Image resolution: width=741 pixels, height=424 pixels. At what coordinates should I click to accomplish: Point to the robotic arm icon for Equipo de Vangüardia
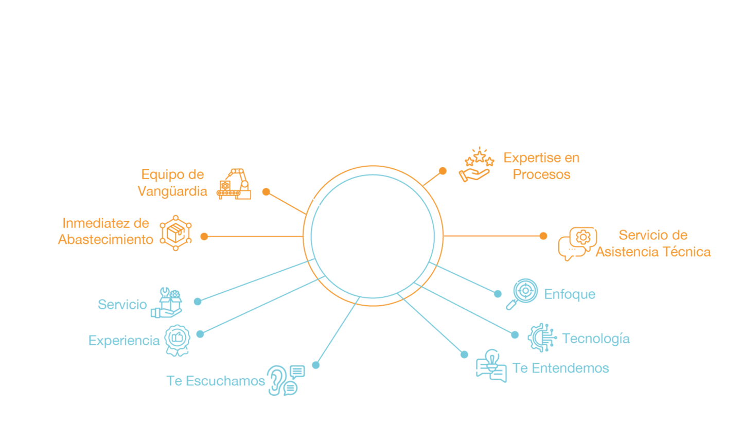[235, 184]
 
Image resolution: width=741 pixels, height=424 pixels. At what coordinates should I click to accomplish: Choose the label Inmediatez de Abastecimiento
[105, 232]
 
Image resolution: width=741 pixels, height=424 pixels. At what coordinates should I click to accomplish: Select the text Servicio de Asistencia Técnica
[653, 243]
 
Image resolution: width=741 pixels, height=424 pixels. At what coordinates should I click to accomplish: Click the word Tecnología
[596, 339]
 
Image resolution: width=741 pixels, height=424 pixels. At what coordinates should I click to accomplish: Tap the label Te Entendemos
[560, 368]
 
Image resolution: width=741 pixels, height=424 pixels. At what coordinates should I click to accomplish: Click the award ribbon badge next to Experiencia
[177, 340]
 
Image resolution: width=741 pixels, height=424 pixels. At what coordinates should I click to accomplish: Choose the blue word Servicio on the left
[122, 304]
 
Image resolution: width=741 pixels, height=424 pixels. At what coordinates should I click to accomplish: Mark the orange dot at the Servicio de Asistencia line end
[543, 236]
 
